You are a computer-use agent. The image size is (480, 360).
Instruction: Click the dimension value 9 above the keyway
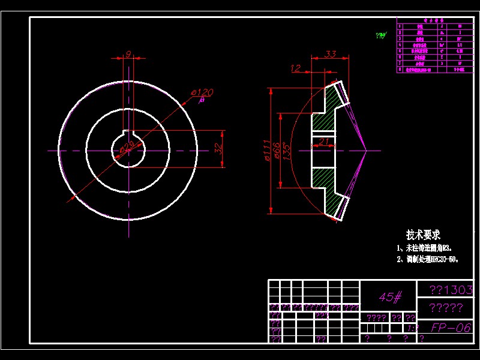128,54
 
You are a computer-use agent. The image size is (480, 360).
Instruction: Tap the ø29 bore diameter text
127,146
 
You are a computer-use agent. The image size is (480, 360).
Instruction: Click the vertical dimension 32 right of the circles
218,147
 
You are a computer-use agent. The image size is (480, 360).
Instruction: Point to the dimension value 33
330,54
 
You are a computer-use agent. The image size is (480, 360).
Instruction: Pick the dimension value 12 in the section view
295,68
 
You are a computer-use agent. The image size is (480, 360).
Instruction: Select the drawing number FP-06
450,328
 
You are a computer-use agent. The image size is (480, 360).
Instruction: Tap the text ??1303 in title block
451,290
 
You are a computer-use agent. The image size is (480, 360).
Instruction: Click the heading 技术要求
423,235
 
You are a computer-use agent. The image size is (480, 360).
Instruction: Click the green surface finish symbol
380,35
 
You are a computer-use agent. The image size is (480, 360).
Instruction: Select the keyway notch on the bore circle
128,133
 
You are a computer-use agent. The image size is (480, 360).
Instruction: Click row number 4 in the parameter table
400,44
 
